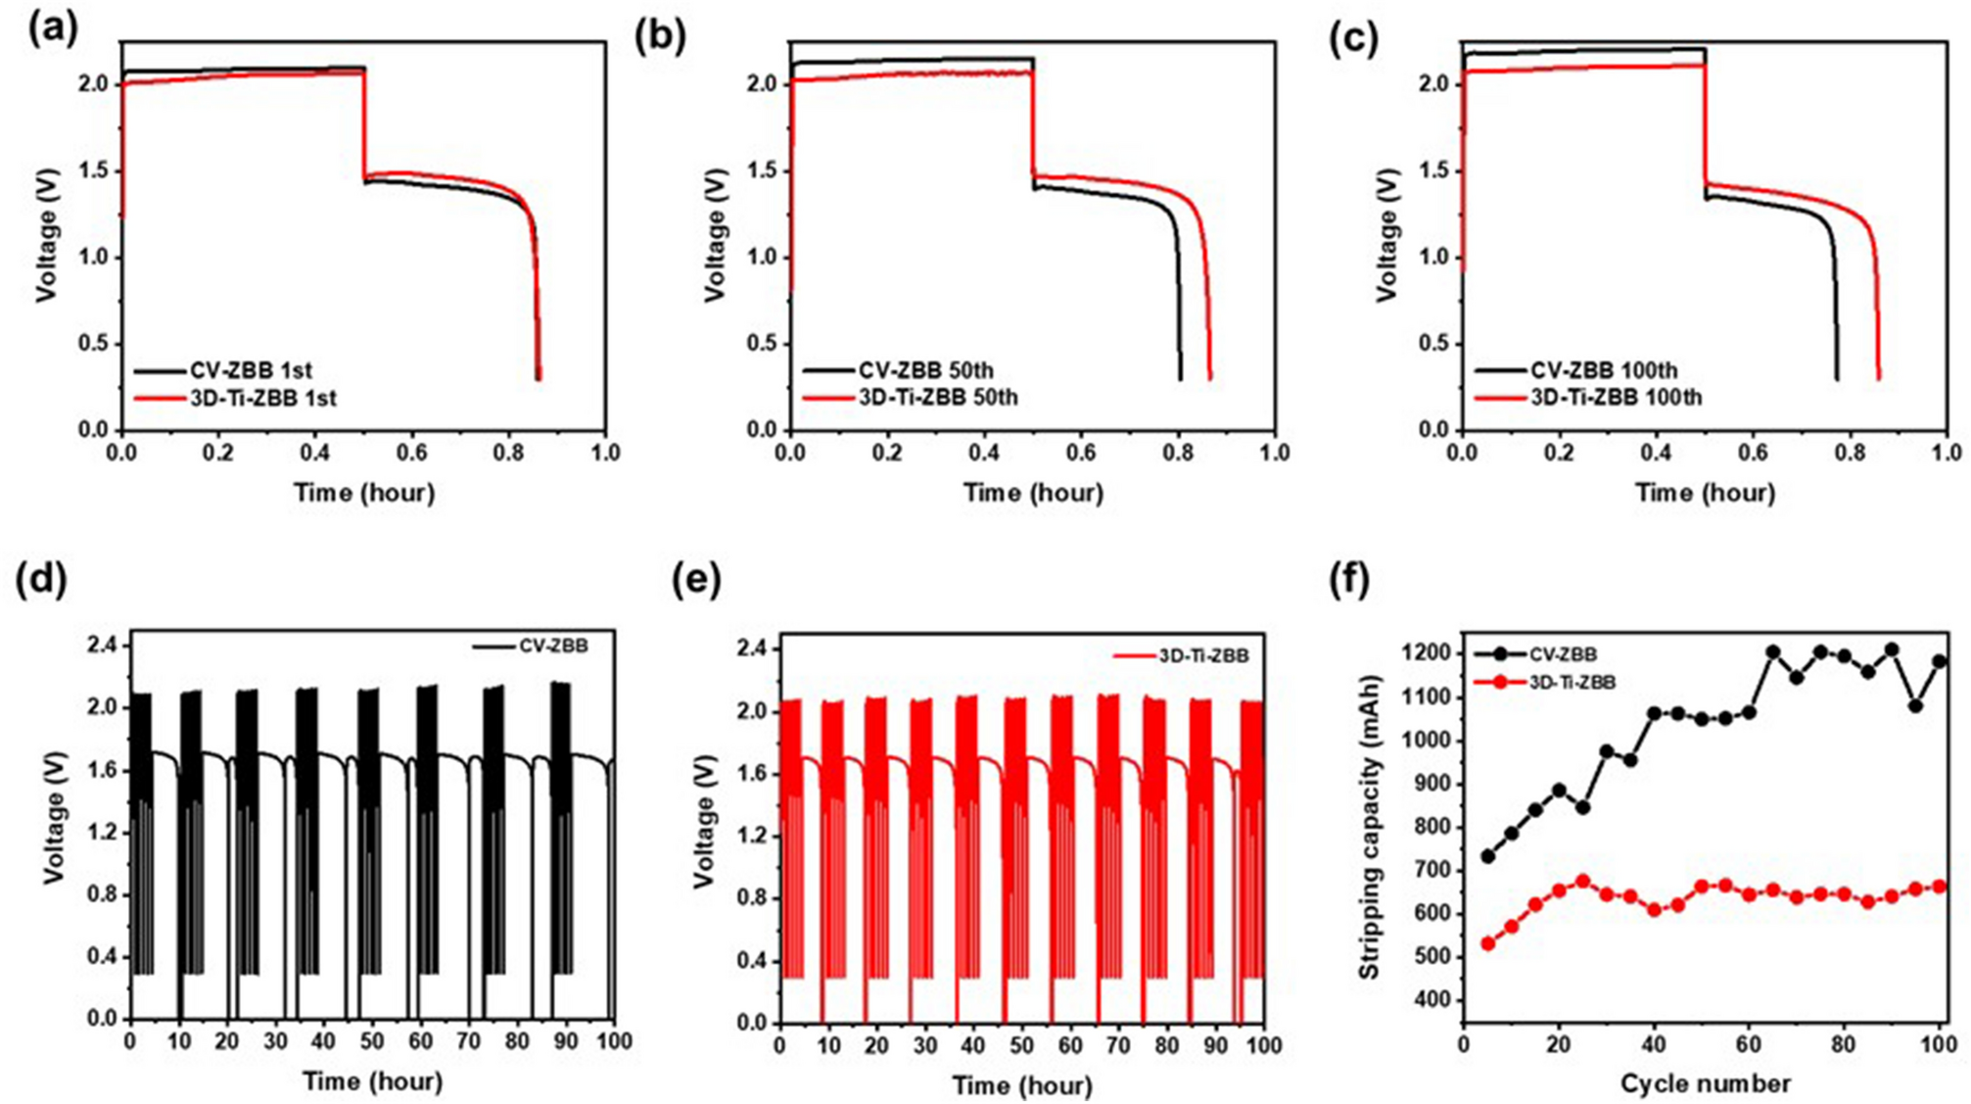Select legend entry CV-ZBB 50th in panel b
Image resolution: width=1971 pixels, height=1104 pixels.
click(926, 371)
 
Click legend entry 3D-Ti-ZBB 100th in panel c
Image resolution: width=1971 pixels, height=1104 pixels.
click(1616, 398)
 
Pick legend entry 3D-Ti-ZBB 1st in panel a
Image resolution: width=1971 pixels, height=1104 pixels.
click(263, 399)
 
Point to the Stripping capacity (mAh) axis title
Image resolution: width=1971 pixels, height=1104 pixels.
click(1370, 828)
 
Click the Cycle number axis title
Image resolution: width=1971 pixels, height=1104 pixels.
click(1705, 1083)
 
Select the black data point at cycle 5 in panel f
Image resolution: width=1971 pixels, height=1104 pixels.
click(1488, 856)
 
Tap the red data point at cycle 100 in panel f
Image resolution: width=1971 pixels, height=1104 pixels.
click(1940, 887)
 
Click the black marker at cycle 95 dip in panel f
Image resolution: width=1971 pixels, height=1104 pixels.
click(1916, 705)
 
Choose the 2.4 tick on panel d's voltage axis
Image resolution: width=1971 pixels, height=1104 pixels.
click(102, 646)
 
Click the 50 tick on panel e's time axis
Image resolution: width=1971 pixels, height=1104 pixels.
click(1021, 1046)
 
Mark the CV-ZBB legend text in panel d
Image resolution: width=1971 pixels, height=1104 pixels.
click(553, 647)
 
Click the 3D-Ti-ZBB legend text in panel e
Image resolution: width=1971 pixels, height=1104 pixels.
click(1203, 656)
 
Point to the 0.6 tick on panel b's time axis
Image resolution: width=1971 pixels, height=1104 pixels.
click(1081, 454)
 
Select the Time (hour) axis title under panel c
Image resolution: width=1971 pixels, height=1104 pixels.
click(1705, 493)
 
